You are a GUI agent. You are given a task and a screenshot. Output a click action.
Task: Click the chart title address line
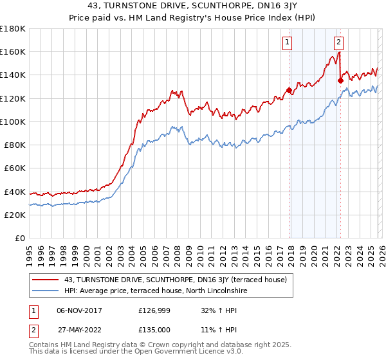tap(193, 7)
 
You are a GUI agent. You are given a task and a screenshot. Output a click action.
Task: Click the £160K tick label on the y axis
tap(13, 51)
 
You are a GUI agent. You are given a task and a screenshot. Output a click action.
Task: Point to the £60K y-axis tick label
tap(15, 168)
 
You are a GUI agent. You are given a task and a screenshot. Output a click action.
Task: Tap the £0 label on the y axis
tap(19, 238)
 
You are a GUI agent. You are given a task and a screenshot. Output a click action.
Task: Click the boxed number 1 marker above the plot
tap(286, 43)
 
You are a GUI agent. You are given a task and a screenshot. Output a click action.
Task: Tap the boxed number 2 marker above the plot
tap(338, 43)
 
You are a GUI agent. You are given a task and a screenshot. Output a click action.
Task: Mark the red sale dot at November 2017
tap(289, 90)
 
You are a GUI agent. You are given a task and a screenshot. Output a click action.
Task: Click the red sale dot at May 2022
tap(340, 80)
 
